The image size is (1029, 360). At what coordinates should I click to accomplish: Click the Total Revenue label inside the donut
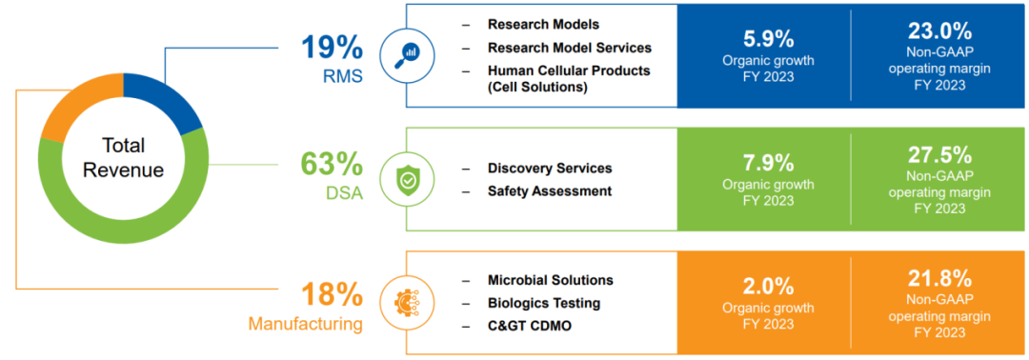(x=123, y=157)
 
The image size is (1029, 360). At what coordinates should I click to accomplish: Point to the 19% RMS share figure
(x=333, y=48)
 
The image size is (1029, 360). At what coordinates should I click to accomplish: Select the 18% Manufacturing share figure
(x=333, y=294)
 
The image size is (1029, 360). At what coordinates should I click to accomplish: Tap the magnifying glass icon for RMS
(x=408, y=55)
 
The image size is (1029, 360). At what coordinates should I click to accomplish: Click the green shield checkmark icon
(x=408, y=178)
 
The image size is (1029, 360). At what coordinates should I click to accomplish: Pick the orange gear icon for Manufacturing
(x=408, y=302)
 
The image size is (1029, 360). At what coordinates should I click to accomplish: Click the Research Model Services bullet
(x=570, y=48)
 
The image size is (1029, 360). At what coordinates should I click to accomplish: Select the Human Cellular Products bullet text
(x=569, y=78)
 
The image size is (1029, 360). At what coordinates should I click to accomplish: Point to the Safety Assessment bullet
(x=550, y=190)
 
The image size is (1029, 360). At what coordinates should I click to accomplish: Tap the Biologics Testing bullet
(x=544, y=303)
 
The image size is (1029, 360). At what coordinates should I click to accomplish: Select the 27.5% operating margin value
(x=939, y=154)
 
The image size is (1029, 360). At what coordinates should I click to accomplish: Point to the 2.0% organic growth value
(x=769, y=287)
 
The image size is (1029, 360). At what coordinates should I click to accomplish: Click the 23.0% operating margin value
(x=939, y=30)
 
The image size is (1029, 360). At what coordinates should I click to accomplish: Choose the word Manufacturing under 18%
(x=306, y=324)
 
